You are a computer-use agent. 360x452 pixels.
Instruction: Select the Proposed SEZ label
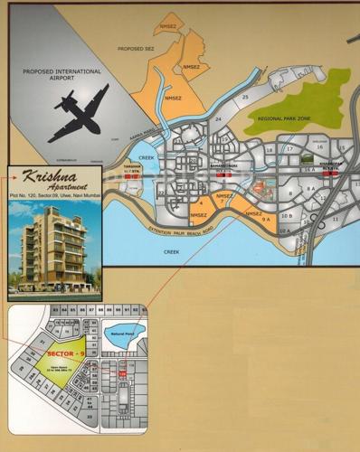136,52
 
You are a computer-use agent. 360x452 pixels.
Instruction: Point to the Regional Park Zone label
284,118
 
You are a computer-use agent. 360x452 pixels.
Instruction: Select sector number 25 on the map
245,97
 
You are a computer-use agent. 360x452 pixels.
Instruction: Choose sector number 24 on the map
218,118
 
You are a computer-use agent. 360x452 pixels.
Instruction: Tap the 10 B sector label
286,216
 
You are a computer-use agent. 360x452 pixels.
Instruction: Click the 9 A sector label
266,220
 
